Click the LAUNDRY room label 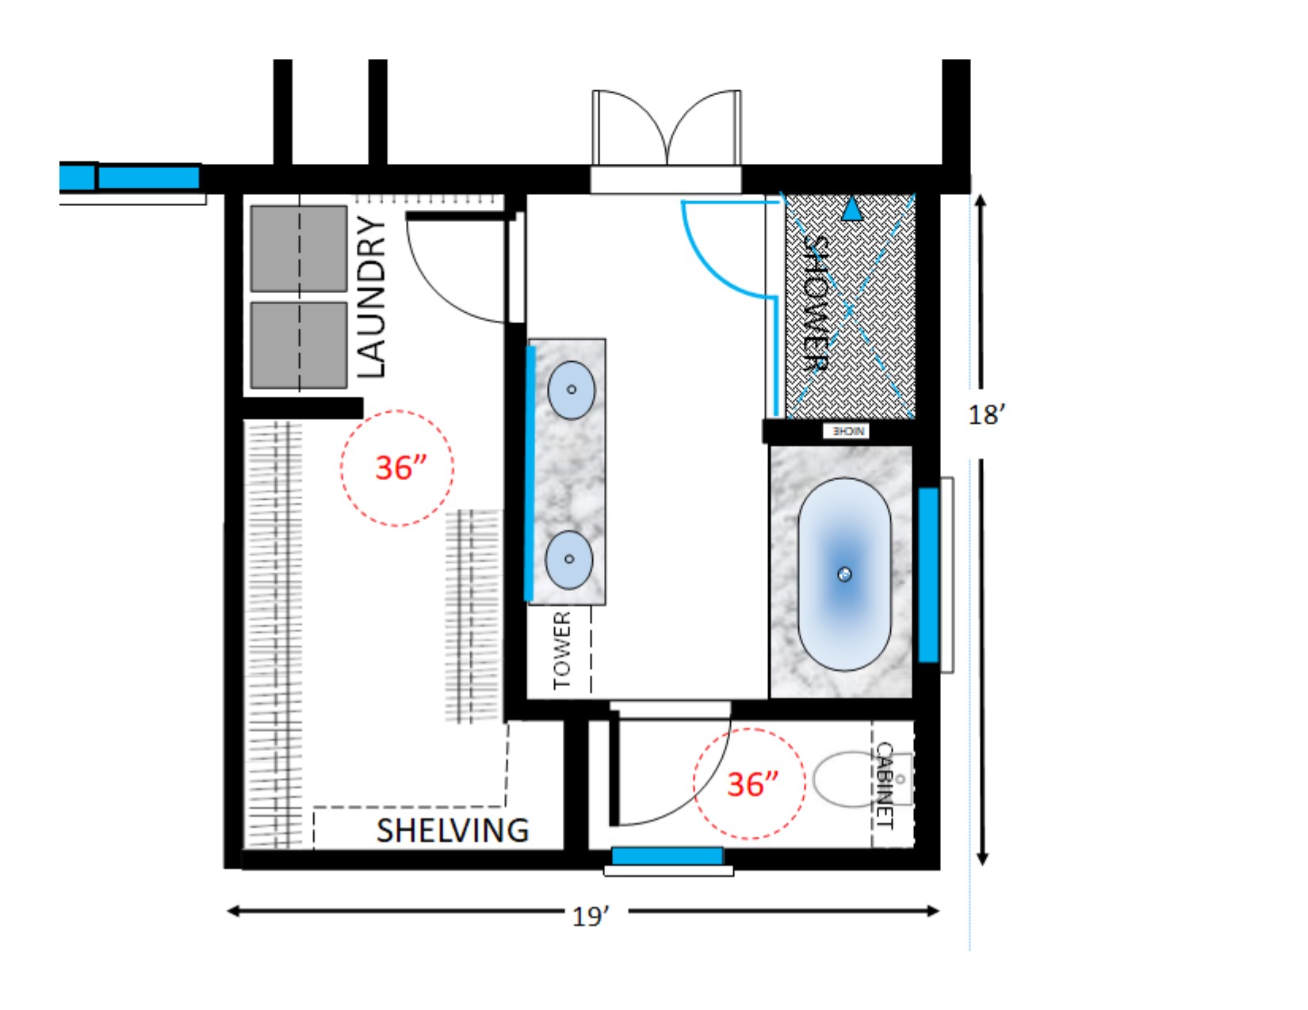(371, 297)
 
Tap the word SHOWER (817, 303)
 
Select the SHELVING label (452, 830)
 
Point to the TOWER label (561, 650)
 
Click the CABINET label (885, 785)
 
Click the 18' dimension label (987, 414)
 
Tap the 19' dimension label (591, 917)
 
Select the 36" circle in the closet (397, 468)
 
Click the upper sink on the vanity (571, 390)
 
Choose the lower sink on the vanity (568, 559)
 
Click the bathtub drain (844, 574)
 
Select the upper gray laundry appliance (299, 249)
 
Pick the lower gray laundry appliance (299, 345)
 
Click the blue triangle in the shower (851, 210)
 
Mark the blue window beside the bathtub (928, 575)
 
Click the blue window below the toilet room (667, 856)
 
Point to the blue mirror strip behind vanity (530, 473)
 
